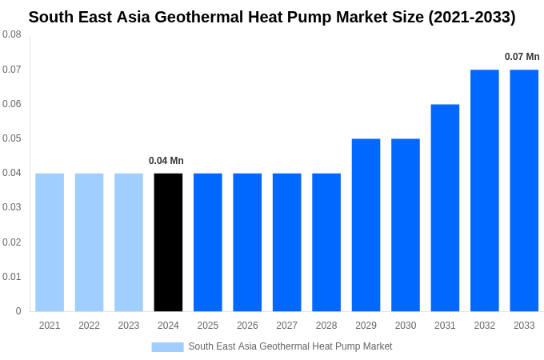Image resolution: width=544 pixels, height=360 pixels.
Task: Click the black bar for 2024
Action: point(168,242)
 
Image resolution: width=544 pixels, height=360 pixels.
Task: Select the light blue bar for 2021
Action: point(50,242)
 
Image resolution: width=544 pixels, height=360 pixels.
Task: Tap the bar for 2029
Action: point(366,225)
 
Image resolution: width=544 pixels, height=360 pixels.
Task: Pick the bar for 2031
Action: point(445,207)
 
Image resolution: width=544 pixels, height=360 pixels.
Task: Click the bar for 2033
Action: point(524,190)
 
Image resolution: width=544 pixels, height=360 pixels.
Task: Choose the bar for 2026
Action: point(247,242)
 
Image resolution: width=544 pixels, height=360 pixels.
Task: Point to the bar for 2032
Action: point(484,190)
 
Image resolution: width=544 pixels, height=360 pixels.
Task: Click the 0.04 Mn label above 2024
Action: point(166,161)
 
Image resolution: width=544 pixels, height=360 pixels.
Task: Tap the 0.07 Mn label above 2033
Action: point(522,57)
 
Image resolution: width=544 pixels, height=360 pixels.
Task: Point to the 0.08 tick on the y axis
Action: point(12,34)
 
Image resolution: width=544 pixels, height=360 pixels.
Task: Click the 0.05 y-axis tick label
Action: point(12,138)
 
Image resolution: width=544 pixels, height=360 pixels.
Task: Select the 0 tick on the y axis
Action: point(18,311)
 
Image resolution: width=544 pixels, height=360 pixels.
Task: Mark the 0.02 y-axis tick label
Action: point(12,242)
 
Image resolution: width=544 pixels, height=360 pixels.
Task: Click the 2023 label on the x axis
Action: point(129,326)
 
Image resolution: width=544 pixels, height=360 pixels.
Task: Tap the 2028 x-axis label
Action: point(326,326)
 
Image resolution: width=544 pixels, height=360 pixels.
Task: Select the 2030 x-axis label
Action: point(406,326)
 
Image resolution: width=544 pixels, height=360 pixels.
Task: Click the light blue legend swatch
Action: point(167,346)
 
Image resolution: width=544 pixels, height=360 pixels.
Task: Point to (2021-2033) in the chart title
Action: point(471,17)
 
